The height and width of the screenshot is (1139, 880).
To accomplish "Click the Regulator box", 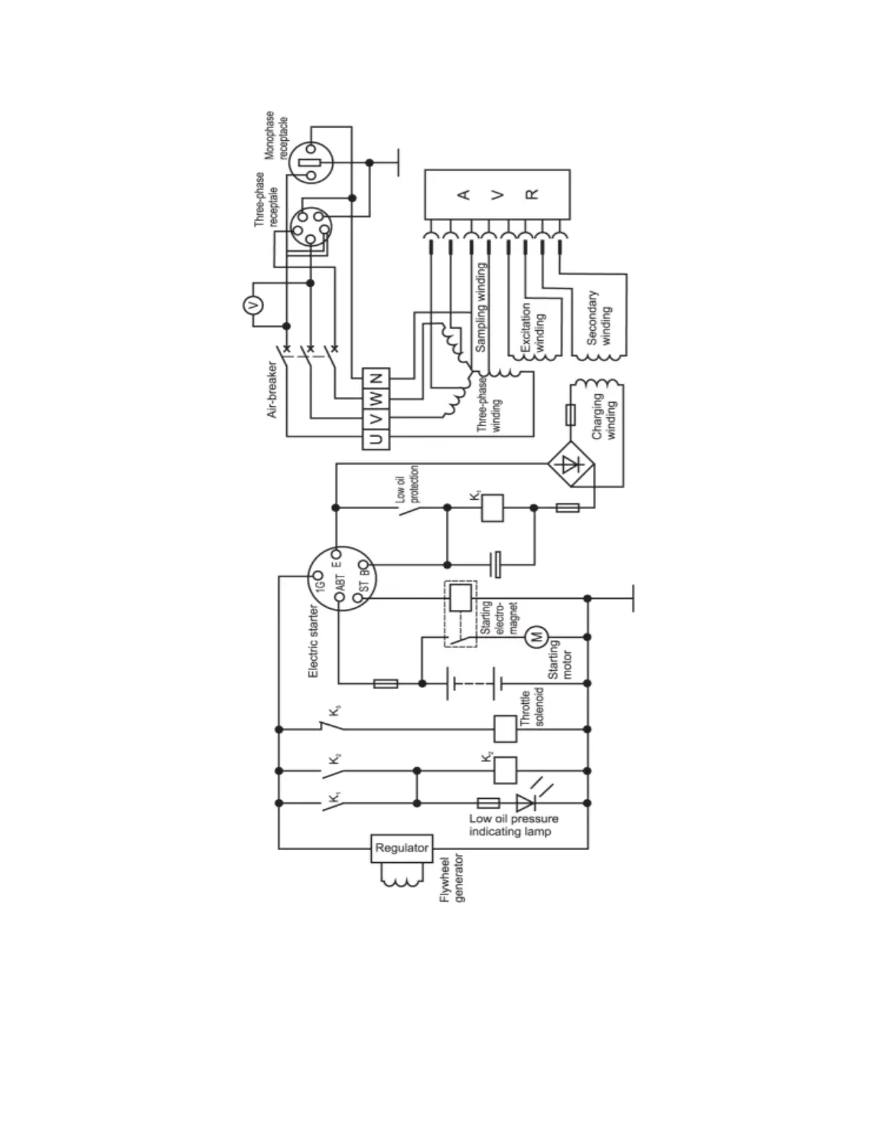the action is coord(401,848).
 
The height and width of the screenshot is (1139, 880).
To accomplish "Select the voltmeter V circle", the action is coord(252,305).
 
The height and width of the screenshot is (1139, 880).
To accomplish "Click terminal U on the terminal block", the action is coord(376,438).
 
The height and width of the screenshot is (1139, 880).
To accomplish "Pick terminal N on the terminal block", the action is coord(376,378).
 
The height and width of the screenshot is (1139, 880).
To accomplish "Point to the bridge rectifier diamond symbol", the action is coord(572,465).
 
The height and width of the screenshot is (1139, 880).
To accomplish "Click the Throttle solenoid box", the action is coord(505,729).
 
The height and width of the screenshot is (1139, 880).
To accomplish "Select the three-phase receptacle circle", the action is coord(311,228).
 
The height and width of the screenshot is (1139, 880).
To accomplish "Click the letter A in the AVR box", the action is coord(464,195).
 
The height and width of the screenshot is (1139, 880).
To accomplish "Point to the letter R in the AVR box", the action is coord(531,194).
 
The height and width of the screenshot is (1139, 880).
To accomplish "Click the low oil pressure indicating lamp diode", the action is coord(526,802).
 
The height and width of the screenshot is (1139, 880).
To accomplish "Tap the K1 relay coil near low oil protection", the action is coord(492,508).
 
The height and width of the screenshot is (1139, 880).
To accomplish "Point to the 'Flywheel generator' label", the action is coord(452,878).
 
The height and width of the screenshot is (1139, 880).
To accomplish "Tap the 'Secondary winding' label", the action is coord(599,318).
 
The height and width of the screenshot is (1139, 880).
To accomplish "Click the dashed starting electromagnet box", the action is coord(460,613).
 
